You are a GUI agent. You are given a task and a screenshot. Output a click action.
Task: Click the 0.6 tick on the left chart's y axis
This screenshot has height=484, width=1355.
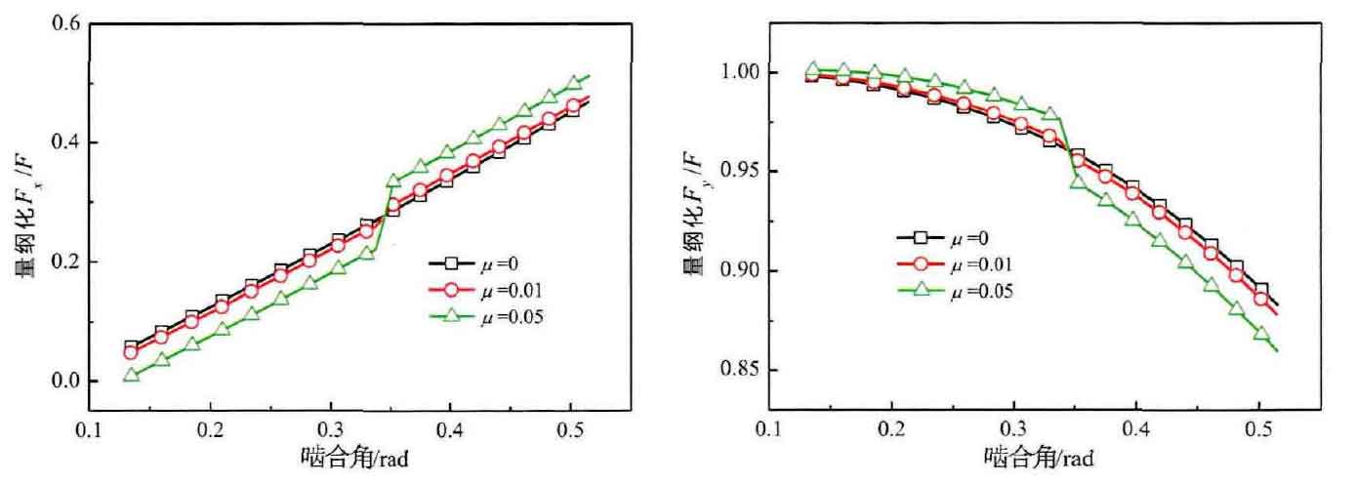(x=63, y=22)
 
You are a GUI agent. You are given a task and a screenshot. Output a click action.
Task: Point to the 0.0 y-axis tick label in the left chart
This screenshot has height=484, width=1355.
(x=63, y=381)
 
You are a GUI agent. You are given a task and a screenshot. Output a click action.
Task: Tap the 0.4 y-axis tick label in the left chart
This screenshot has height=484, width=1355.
(x=63, y=142)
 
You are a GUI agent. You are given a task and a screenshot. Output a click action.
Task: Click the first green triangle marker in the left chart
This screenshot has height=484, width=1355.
(x=132, y=375)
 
